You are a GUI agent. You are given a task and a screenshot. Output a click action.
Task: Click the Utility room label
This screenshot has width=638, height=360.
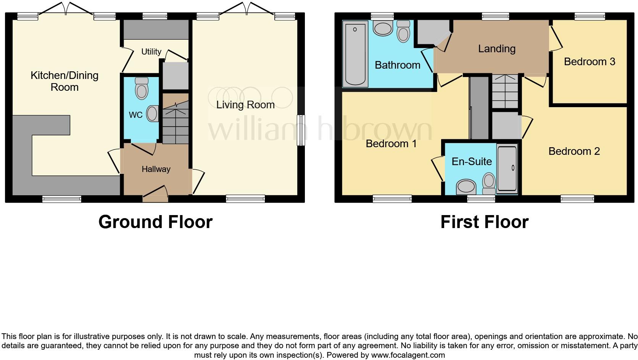151,51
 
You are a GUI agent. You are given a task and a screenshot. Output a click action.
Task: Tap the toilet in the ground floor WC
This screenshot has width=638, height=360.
142,90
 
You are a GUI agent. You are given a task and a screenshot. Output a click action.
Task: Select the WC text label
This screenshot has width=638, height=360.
135,115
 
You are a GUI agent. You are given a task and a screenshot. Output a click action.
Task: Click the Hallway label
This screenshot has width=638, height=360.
156,169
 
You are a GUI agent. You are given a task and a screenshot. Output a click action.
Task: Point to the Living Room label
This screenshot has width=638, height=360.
245,105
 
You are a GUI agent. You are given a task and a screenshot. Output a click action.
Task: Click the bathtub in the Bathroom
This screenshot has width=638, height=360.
355,54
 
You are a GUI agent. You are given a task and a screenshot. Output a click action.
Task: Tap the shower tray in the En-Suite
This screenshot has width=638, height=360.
507,168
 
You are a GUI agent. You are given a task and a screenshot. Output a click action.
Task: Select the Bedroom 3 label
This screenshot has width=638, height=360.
590,62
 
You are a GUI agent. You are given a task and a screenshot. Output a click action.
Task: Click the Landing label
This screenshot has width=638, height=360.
496,49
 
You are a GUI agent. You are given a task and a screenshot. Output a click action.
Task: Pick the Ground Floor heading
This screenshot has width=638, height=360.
155,222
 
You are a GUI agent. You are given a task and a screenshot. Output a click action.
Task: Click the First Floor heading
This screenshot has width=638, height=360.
484,222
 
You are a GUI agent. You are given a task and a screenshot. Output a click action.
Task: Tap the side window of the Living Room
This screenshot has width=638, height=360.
301,130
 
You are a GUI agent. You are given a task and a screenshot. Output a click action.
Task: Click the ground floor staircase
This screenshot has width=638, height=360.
176,119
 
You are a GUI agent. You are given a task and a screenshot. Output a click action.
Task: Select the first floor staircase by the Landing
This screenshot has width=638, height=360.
504,92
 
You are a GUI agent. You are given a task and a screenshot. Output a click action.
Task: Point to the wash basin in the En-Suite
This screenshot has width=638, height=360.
466,187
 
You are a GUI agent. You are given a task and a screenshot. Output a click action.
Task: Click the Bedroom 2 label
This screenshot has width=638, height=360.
574,151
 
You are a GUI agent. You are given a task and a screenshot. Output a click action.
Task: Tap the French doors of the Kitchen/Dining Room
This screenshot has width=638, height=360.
66,8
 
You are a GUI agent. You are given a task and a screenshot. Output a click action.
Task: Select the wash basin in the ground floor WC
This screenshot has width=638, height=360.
153,114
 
